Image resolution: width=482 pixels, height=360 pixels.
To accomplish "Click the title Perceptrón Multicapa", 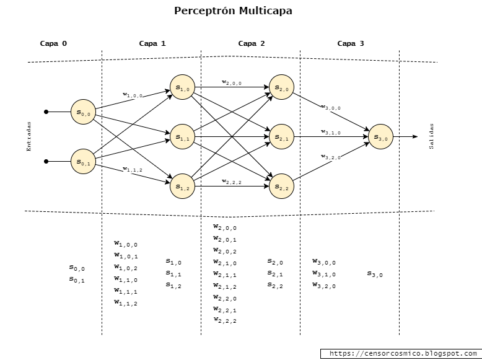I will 233,11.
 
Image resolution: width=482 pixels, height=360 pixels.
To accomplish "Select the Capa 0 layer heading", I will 53,43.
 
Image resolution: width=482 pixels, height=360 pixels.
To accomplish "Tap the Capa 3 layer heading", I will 351,43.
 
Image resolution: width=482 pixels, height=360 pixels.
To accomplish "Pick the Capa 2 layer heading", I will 252,43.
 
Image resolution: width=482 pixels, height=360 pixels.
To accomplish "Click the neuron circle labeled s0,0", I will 83,112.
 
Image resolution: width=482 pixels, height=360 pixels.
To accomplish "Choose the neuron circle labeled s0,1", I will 83,162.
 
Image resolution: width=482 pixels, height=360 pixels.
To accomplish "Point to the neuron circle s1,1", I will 182,137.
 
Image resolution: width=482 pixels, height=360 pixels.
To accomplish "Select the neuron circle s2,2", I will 281,187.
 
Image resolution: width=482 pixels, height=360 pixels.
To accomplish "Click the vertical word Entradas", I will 28,136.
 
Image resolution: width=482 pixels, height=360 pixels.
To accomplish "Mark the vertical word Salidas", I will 432,136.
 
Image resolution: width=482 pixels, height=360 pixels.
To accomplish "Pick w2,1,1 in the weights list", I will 225,274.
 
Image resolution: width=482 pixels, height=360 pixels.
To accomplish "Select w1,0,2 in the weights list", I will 126,268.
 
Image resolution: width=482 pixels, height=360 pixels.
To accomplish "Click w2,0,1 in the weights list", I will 225,239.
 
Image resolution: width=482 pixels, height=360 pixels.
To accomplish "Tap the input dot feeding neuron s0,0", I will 46,112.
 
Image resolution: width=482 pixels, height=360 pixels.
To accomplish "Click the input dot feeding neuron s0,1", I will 46,162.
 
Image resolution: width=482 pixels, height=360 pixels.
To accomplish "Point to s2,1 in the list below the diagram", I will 275,273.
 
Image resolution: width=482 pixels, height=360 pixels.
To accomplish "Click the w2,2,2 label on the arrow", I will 232,182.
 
